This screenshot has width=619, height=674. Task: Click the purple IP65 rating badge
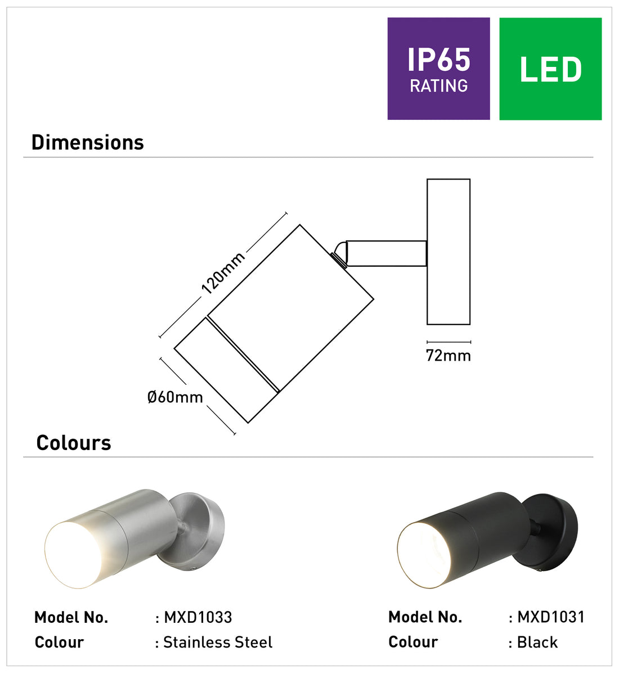tap(438, 69)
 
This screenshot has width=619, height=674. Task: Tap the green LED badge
tap(550, 69)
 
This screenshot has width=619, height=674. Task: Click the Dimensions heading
tap(88, 142)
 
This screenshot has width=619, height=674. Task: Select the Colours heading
tap(74, 443)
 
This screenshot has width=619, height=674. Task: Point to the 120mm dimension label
tap(223, 273)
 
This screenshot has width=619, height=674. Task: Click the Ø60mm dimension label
tap(175, 397)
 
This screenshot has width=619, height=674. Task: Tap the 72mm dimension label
tap(448, 356)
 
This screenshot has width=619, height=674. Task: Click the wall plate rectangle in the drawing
tap(448, 252)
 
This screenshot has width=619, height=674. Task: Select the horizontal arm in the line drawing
tap(385, 254)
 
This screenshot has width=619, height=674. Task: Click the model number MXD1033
tap(198, 617)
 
